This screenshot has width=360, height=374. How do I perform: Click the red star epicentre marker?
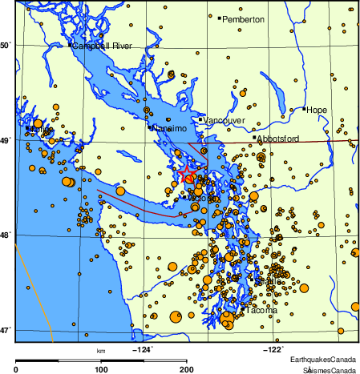(x=187, y=174)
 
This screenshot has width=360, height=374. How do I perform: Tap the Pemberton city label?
(x=244, y=19)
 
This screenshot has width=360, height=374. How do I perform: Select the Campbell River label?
(x=102, y=46)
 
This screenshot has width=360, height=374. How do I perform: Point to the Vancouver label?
(x=224, y=120)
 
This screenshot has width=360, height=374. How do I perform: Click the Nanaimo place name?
(x=170, y=128)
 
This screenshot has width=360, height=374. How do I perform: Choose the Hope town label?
(x=318, y=110)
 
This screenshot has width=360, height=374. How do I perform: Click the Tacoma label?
(x=261, y=310)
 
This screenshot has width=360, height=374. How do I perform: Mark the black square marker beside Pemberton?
(x=220, y=18)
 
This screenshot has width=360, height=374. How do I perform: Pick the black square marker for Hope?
(x=305, y=109)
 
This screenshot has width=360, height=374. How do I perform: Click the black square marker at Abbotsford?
(x=254, y=137)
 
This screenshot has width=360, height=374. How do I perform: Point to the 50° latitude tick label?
(x=6, y=46)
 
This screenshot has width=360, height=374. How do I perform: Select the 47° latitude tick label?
(x=6, y=329)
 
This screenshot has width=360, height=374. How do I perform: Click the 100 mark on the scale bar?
(x=101, y=369)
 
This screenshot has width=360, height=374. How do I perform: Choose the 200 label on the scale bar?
(x=186, y=369)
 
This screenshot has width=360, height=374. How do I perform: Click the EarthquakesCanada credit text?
(x=323, y=358)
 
